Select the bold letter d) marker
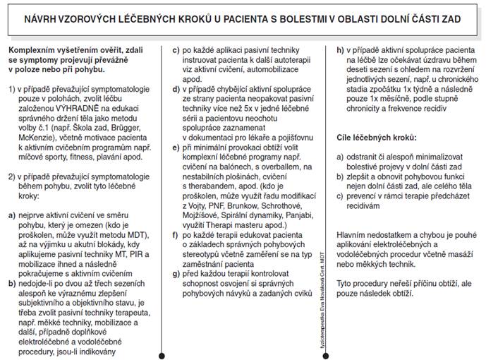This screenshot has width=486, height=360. [x=177, y=90]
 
